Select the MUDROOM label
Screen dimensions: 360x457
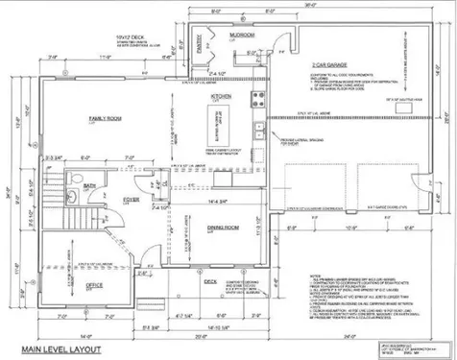click(241, 35)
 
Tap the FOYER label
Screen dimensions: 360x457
click(132, 201)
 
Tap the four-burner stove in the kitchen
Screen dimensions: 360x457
click(257, 98)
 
